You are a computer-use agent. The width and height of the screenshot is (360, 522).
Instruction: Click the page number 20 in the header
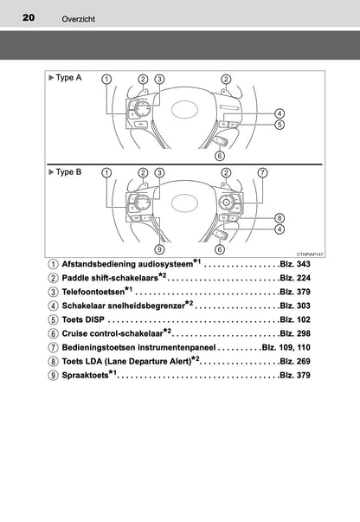coord(29,17)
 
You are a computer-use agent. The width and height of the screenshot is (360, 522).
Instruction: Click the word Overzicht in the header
coord(78,19)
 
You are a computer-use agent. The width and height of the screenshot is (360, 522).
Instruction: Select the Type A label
coord(65,78)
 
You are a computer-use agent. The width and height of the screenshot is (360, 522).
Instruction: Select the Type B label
coord(65,172)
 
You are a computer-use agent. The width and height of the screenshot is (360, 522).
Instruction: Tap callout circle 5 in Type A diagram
coord(280,125)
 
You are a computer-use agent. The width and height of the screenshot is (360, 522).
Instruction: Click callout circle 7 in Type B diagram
coord(262,172)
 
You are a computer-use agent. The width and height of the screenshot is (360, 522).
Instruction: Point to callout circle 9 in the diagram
coord(159,249)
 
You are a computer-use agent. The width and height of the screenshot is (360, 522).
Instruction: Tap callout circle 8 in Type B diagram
coord(280,218)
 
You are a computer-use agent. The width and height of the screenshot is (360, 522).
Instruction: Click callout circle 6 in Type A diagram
coord(220,156)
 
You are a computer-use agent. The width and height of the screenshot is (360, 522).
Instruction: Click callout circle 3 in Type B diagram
coord(159,172)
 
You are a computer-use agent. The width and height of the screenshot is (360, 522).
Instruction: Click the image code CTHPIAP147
coord(310,255)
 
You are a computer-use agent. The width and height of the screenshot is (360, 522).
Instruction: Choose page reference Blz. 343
coord(295,264)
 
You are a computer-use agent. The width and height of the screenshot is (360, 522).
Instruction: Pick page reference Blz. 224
coord(295,278)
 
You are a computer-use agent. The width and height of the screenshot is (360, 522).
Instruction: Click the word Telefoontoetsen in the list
coord(93,292)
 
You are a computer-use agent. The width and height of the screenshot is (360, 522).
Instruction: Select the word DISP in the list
coord(94,319)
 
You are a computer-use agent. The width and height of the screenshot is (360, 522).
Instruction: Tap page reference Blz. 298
coord(295,333)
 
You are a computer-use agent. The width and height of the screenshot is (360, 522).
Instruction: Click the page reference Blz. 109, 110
coord(286,347)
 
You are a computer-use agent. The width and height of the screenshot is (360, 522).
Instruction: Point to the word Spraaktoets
coord(85,375)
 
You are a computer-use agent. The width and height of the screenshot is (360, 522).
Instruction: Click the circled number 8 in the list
coord(53,362)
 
